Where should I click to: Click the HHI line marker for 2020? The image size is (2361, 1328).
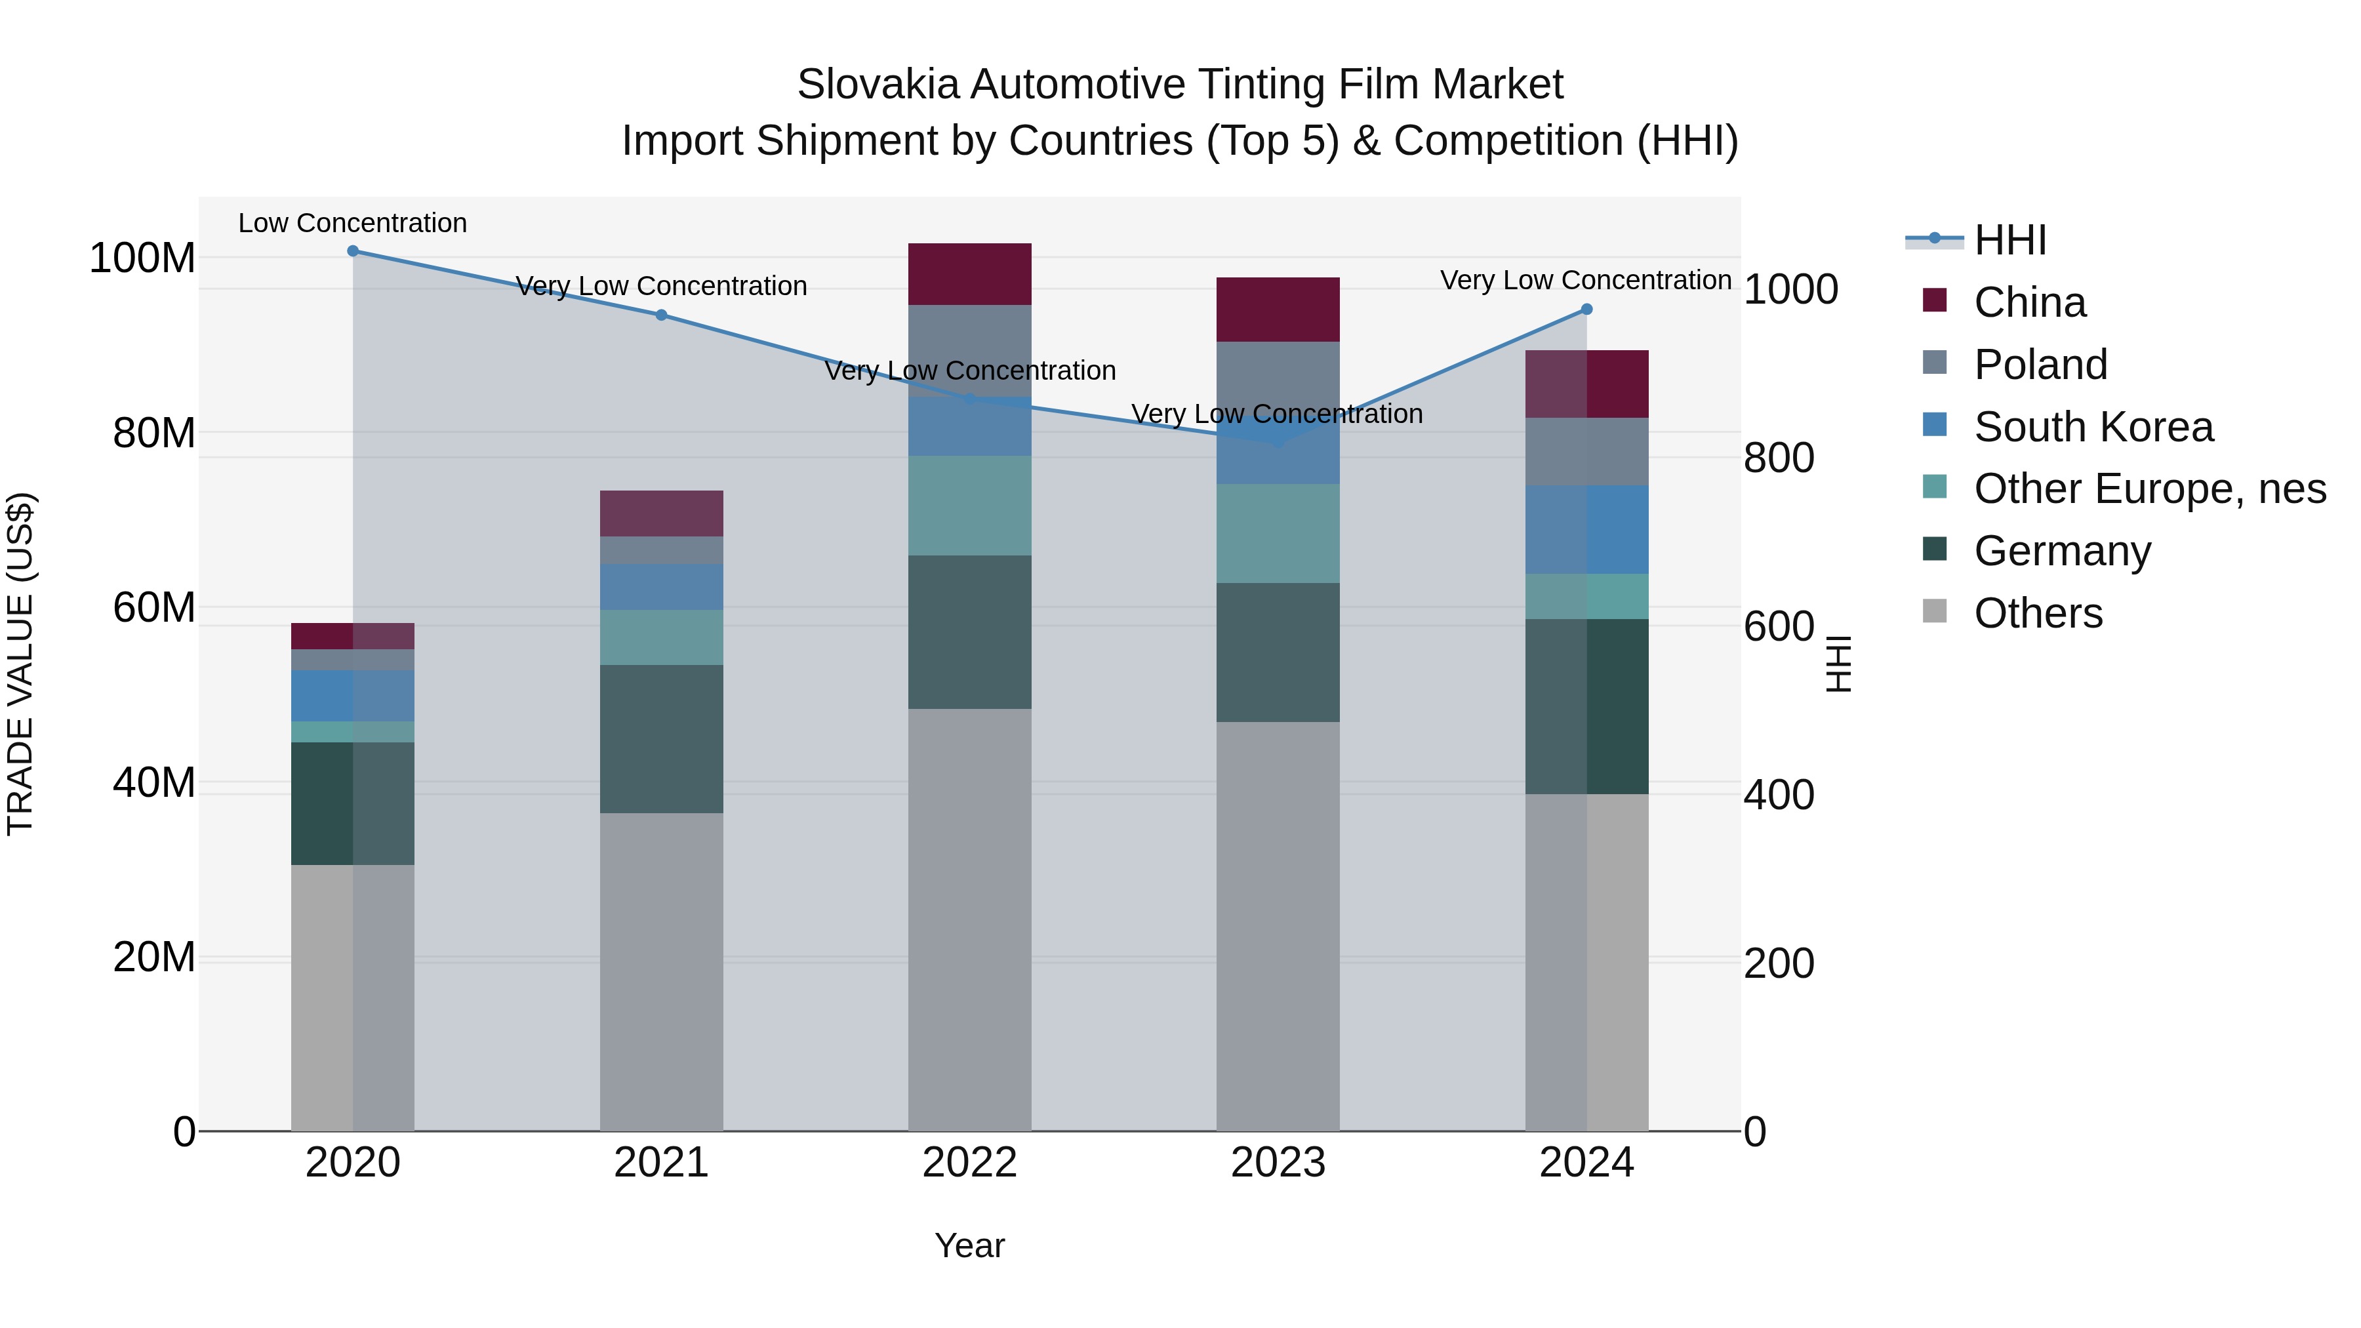[x=353, y=251]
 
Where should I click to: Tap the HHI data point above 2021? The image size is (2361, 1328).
[x=661, y=315]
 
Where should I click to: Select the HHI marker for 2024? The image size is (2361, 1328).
[x=1586, y=310]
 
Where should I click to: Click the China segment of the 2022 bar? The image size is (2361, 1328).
[x=970, y=274]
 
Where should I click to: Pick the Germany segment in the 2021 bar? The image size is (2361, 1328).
[x=661, y=738]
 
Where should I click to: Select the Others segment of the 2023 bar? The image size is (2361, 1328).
[x=1278, y=925]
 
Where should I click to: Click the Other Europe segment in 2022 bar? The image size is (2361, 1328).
[x=970, y=506]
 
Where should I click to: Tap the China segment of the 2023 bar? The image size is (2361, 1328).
[x=1278, y=310]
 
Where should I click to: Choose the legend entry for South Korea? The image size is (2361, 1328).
[x=2093, y=427]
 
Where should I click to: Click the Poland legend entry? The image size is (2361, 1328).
[x=2040, y=365]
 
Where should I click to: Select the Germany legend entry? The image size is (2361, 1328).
[x=2061, y=552]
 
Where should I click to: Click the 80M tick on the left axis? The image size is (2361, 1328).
[x=153, y=433]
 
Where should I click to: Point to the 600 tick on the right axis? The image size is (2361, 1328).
[x=1778, y=627]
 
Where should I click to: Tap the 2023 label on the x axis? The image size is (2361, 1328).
[x=1278, y=1163]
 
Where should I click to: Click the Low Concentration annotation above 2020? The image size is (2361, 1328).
[x=353, y=224]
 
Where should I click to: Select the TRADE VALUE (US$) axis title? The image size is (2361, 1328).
[x=20, y=664]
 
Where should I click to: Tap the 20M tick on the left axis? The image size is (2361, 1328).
[x=153, y=957]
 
